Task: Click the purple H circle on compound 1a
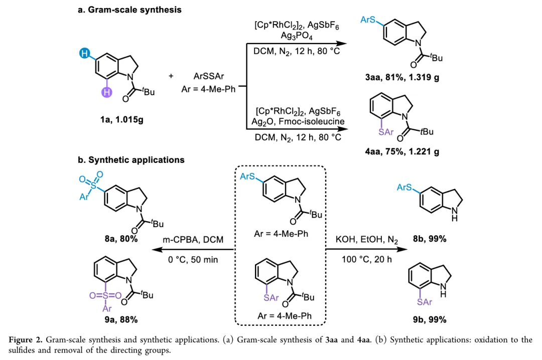coord(106,91)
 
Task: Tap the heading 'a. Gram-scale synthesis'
coord(129,10)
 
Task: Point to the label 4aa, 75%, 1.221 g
coord(402,151)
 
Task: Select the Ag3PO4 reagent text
coord(295,37)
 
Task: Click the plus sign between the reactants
coord(171,76)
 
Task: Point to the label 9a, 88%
coord(121,319)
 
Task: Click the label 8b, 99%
coord(430,239)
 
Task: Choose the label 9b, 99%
coord(430,319)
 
